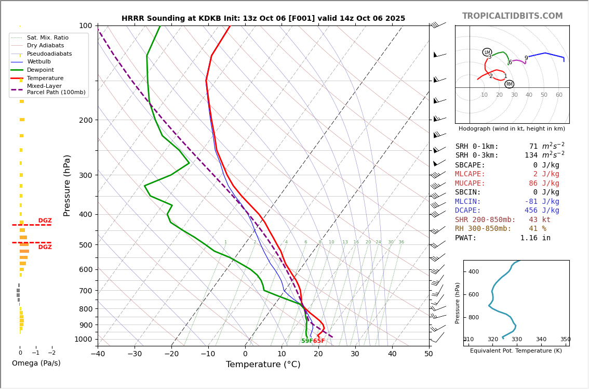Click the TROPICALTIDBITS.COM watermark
[x=512, y=16]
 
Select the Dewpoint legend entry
[x=40, y=70]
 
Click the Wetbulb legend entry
[x=39, y=62]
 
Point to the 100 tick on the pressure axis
[x=85, y=25]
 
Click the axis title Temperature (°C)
[x=263, y=365]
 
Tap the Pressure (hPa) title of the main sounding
[x=67, y=185]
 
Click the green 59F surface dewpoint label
[x=307, y=341]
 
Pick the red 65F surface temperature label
[x=319, y=341]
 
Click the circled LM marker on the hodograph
[x=487, y=52]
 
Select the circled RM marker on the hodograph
[x=509, y=84]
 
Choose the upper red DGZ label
[x=45, y=221]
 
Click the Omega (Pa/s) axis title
[x=36, y=364]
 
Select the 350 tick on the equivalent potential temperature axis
[x=565, y=340]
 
